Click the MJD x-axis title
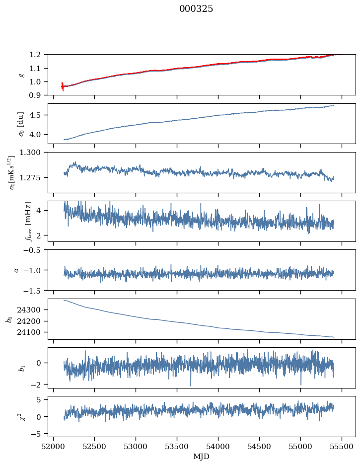pyautogui.click(x=201, y=456)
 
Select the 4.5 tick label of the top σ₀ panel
pyautogui.click(x=38, y=115)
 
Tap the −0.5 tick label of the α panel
pyautogui.click(x=35, y=250)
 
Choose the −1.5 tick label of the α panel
pyautogui.click(x=35, y=290)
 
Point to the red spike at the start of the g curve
pyautogui.click(x=63, y=86)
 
